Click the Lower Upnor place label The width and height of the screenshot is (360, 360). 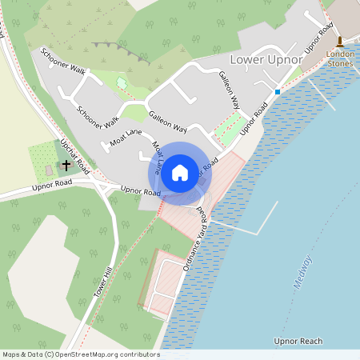(x=266, y=60)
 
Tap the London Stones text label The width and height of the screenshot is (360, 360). (x=340, y=60)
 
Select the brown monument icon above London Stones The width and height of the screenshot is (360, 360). (x=340, y=42)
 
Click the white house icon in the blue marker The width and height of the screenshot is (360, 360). (x=180, y=171)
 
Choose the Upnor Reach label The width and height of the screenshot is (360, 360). (x=298, y=342)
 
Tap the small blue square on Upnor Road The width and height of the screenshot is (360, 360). (x=278, y=92)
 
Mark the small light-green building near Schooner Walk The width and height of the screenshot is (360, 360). (x=122, y=82)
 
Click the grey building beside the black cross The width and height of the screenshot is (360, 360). (x=49, y=170)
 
